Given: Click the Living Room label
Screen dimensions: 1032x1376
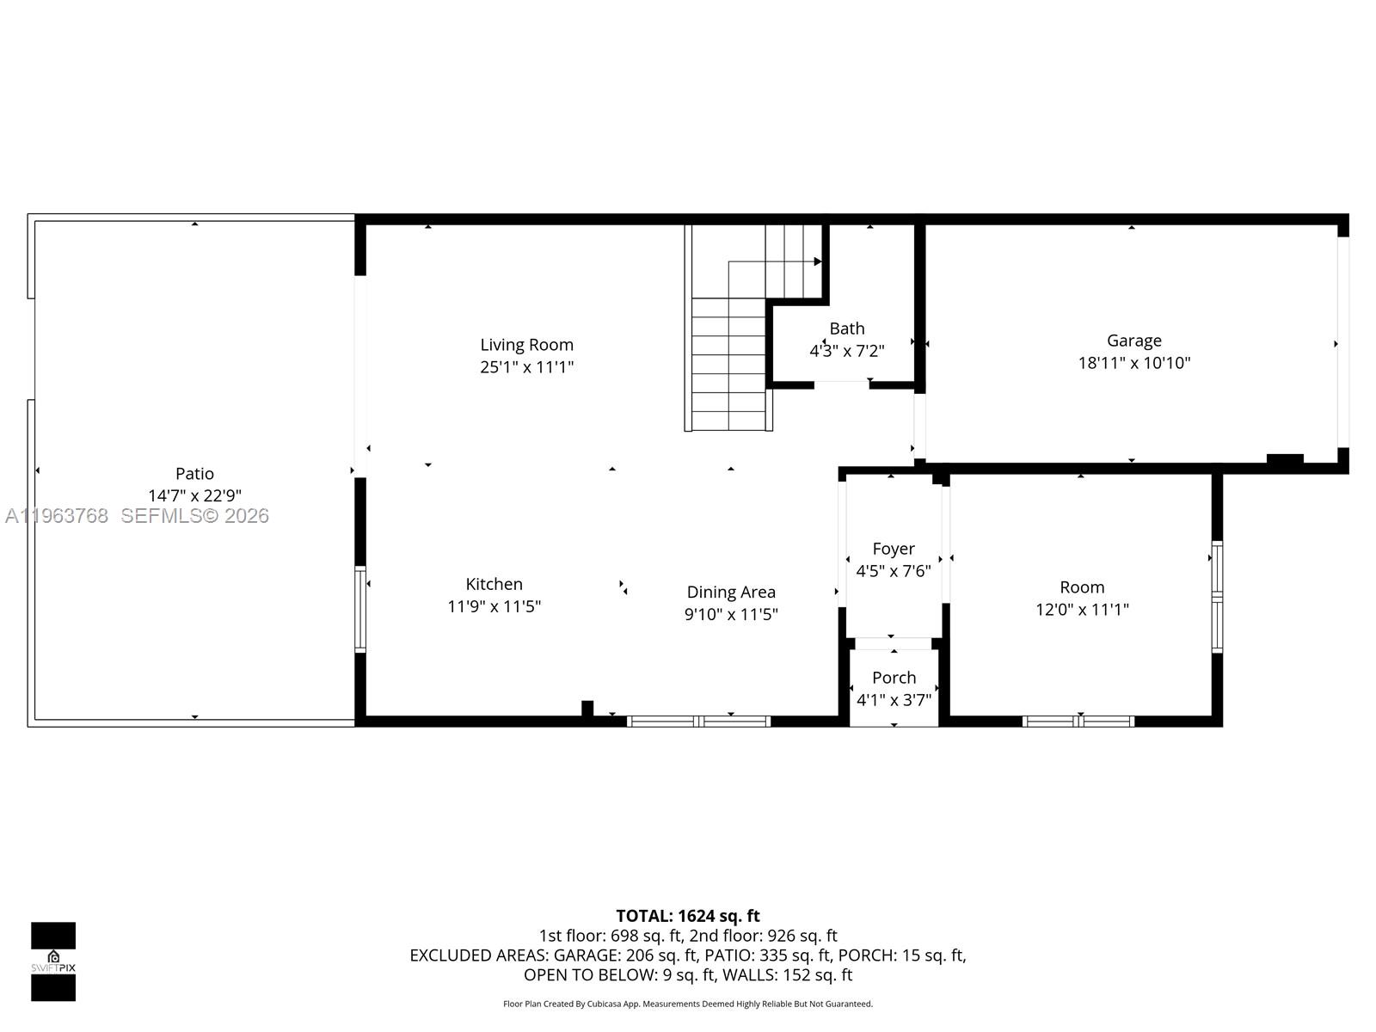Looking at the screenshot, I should (526, 345).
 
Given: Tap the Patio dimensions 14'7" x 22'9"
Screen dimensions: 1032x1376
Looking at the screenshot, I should (194, 496).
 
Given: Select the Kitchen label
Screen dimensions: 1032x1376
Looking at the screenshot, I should (494, 584).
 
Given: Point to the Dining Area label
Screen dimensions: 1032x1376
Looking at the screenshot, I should (731, 592).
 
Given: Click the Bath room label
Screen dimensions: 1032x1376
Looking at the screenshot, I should (846, 329).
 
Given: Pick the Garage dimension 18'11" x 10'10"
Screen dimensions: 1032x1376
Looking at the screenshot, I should (1133, 363).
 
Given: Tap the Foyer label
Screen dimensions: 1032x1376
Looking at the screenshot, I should (893, 549).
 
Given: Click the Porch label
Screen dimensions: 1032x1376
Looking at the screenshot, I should (894, 678).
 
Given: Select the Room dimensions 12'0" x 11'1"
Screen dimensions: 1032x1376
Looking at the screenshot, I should (1082, 610).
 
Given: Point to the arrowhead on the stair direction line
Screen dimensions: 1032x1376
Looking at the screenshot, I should (817, 261).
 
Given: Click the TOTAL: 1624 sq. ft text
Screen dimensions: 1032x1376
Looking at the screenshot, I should (687, 916).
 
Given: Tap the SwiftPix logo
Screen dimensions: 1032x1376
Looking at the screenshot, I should (53, 961).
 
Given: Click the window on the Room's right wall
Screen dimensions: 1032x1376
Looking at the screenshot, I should (1217, 596).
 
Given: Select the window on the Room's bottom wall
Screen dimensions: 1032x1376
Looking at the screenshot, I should (1078, 722).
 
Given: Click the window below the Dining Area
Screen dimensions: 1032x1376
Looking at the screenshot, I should (698, 722).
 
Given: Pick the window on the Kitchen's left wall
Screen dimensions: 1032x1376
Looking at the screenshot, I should (360, 609).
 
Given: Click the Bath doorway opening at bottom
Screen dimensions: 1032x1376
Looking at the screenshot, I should (841, 384).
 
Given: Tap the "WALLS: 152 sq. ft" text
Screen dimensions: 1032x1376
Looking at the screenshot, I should (787, 975).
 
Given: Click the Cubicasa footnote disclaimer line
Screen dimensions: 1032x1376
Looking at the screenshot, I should (687, 1004).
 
